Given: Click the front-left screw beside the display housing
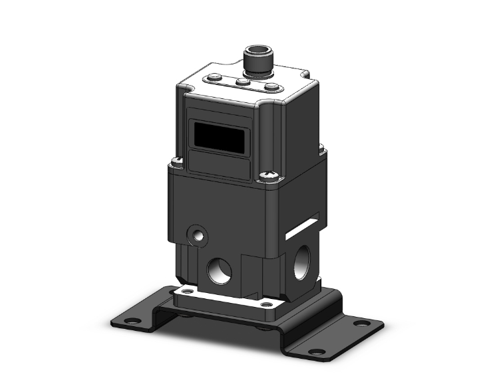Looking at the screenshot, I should pos(177,160).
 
